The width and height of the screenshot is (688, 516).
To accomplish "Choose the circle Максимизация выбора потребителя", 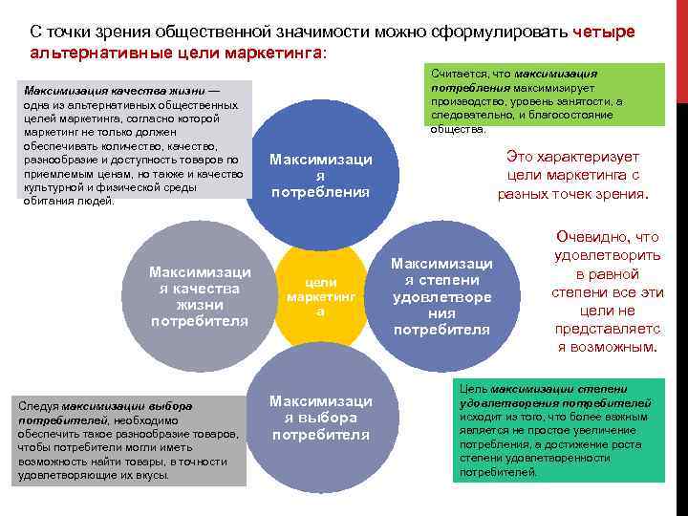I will click(321, 416).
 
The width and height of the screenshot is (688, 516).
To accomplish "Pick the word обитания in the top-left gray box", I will click(46, 201).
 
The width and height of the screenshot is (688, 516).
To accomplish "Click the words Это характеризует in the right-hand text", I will click(572, 157).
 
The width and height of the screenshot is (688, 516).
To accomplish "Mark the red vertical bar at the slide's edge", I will click(681, 48).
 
